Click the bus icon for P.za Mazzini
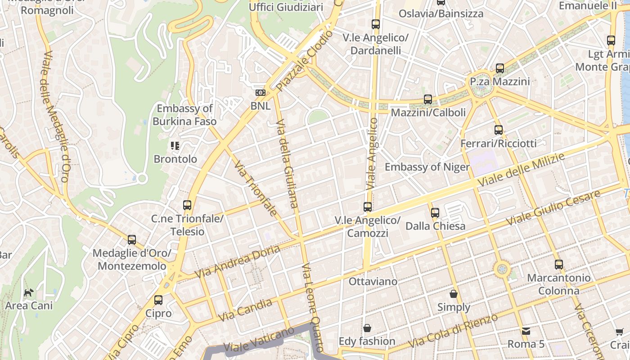point(500,68)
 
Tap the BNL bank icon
point(260,93)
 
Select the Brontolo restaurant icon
point(175,145)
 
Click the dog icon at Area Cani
point(29,292)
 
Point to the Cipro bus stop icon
point(158,300)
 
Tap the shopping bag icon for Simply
point(454,294)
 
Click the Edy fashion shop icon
point(367,328)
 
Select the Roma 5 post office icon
point(526,331)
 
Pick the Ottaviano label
point(373,282)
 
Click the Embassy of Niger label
point(427,167)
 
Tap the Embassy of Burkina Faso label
point(184,115)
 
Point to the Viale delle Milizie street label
point(521,171)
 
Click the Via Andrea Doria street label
point(237,261)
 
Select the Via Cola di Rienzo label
point(453,331)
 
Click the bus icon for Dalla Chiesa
point(435,212)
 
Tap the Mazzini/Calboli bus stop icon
point(428,99)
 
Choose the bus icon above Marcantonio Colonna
point(559,264)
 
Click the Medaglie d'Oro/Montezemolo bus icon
point(132,240)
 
